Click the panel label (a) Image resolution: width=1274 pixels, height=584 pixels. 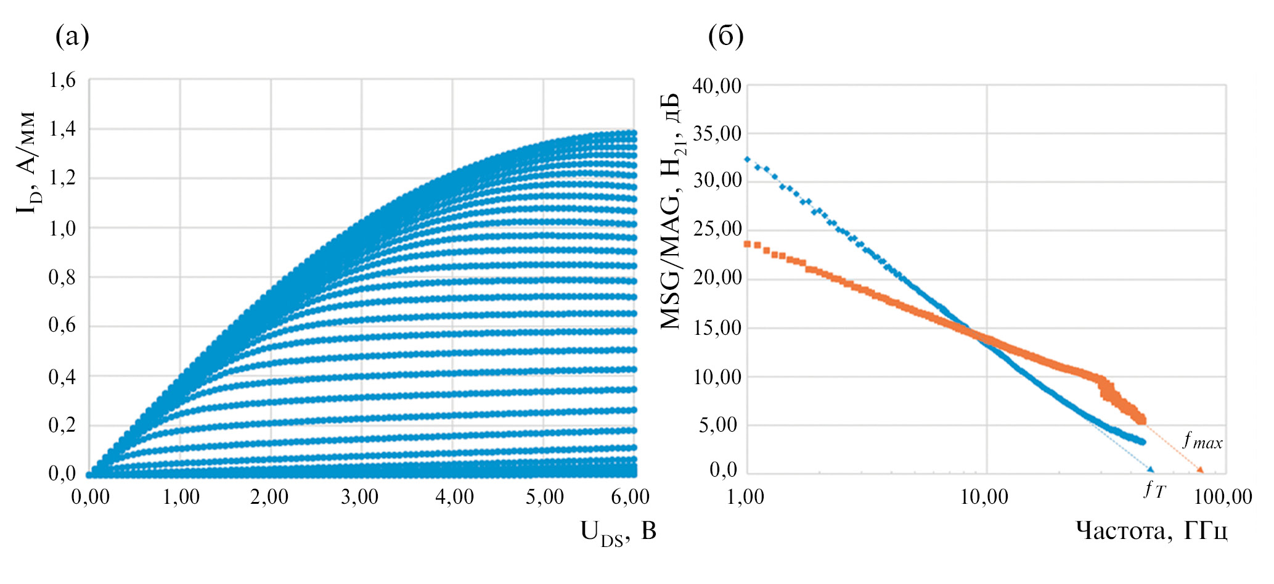point(72,36)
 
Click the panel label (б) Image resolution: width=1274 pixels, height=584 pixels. point(725,36)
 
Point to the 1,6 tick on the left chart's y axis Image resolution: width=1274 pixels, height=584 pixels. point(62,80)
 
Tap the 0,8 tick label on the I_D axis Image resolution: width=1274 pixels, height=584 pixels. point(62,278)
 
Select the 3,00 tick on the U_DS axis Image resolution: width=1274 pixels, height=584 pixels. point(360,497)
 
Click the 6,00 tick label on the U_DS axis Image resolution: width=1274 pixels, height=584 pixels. point(630,497)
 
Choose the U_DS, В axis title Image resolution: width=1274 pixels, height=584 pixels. point(618,532)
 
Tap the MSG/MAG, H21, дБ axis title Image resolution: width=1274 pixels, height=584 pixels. point(671,212)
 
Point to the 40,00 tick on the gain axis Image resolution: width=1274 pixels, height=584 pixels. point(717,86)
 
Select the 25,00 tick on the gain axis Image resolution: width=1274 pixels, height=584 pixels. point(717,229)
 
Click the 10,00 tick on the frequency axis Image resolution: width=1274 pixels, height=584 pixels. point(984,497)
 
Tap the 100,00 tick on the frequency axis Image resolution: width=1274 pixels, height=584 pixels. point(1223,497)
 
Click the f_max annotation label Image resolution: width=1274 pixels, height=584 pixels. point(1202,441)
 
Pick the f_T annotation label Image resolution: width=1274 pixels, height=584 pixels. point(1154,490)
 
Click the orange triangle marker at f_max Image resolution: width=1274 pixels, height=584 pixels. point(1200,471)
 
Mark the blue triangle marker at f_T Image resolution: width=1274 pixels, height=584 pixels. point(1151,470)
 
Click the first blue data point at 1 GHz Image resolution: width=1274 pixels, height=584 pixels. point(748,159)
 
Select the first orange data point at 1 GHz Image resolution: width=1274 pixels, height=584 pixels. point(748,244)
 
